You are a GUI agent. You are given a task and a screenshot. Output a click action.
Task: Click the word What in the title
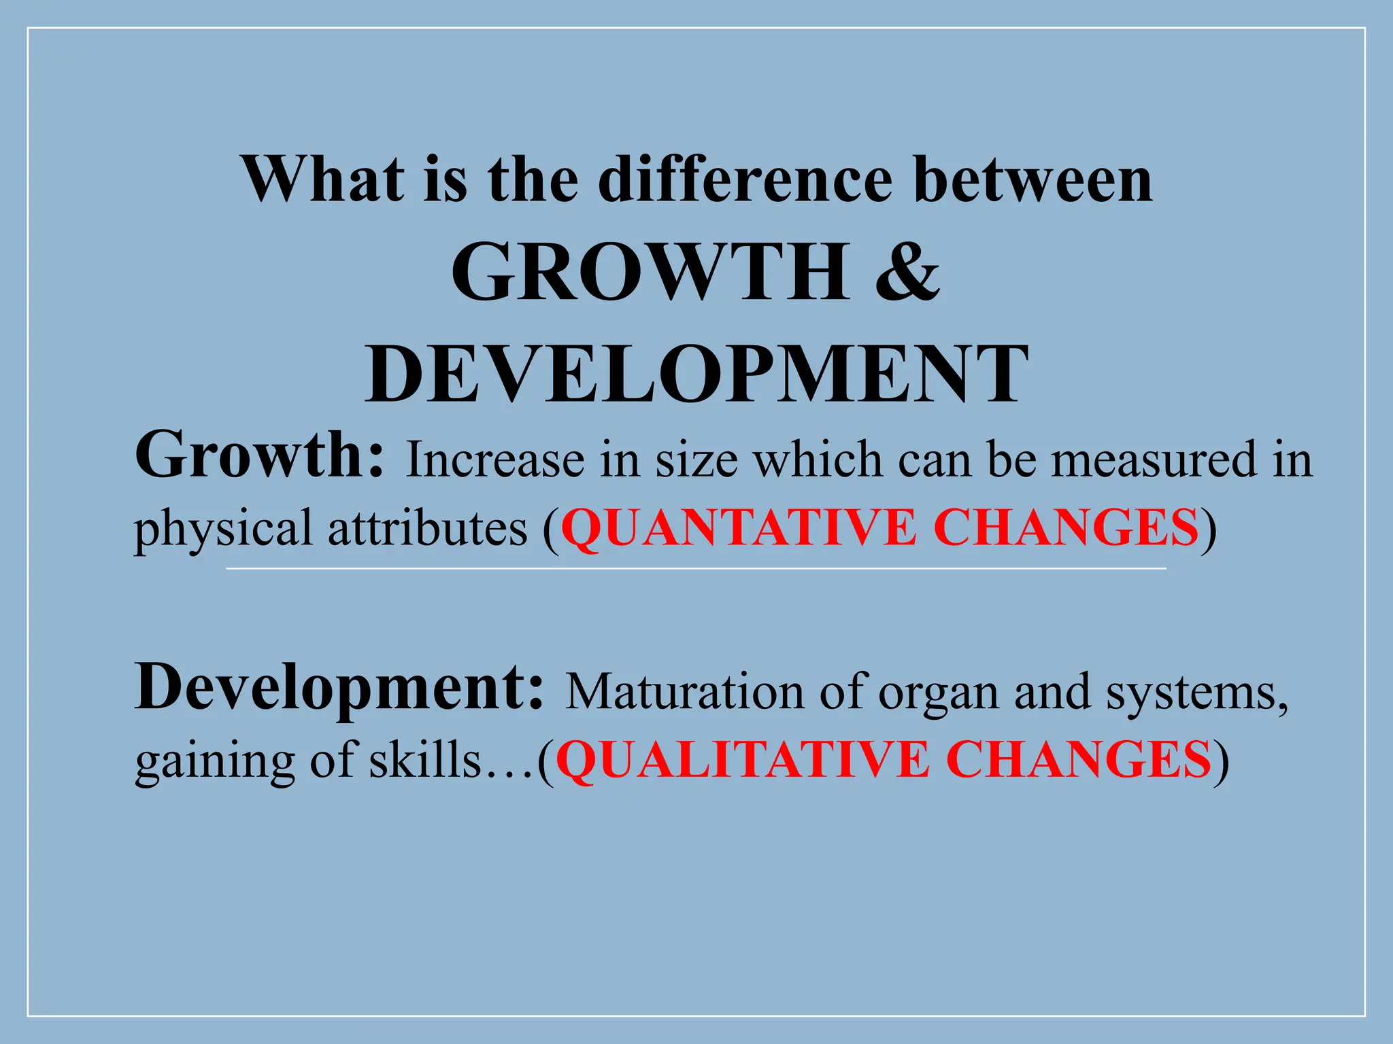[x=323, y=179]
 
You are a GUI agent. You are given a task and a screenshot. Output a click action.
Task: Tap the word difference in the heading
[x=745, y=179]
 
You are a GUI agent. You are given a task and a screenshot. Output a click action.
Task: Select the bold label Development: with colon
[x=339, y=688]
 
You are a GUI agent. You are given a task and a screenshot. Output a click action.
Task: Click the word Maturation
[x=684, y=692]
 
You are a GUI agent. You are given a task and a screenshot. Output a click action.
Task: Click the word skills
[x=424, y=760]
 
